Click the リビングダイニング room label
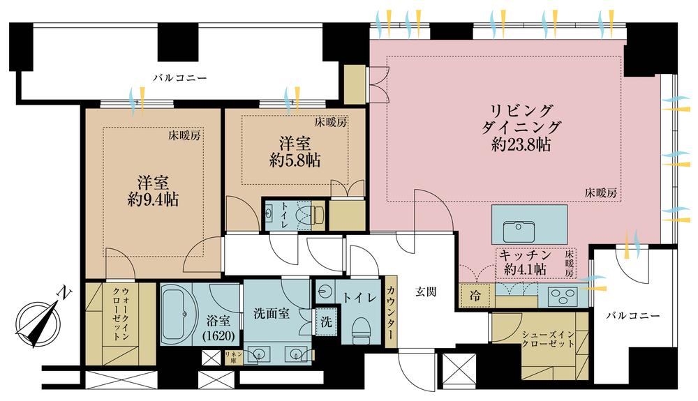point(521,119)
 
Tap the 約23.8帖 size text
point(521,144)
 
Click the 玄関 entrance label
point(426,292)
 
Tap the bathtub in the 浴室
point(180,315)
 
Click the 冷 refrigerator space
point(475,296)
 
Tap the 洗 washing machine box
point(326,322)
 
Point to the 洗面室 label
point(272,314)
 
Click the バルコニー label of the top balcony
point(180,78)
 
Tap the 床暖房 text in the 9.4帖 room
point(184,135)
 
